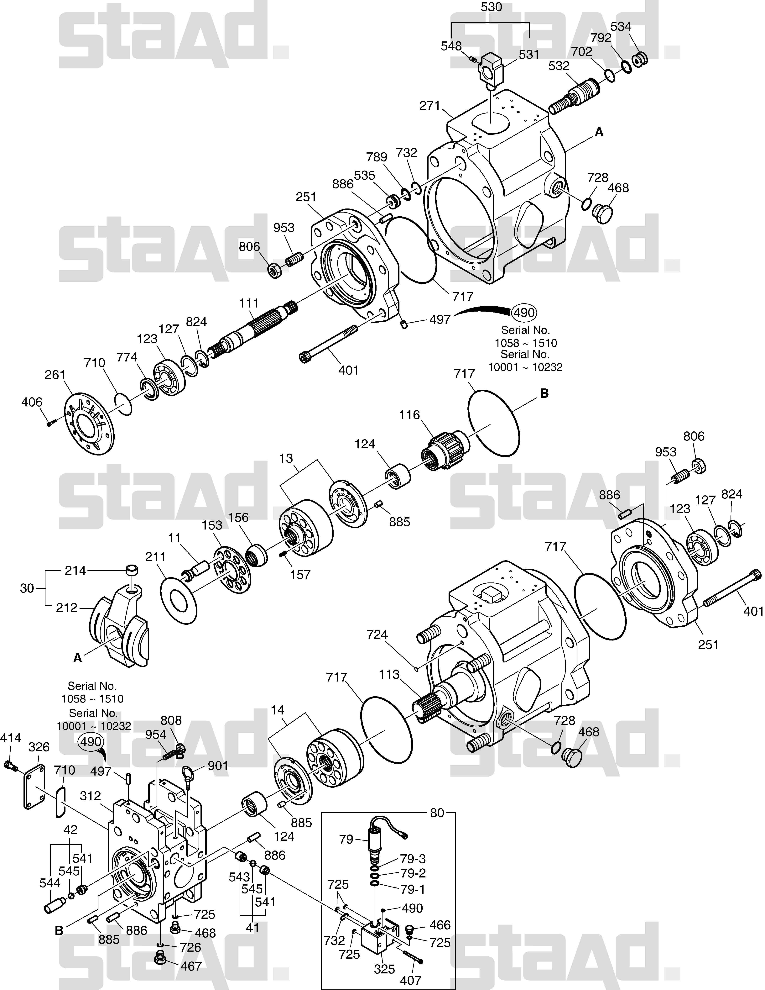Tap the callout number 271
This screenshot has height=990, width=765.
430,106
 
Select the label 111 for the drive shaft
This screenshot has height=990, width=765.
249,303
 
